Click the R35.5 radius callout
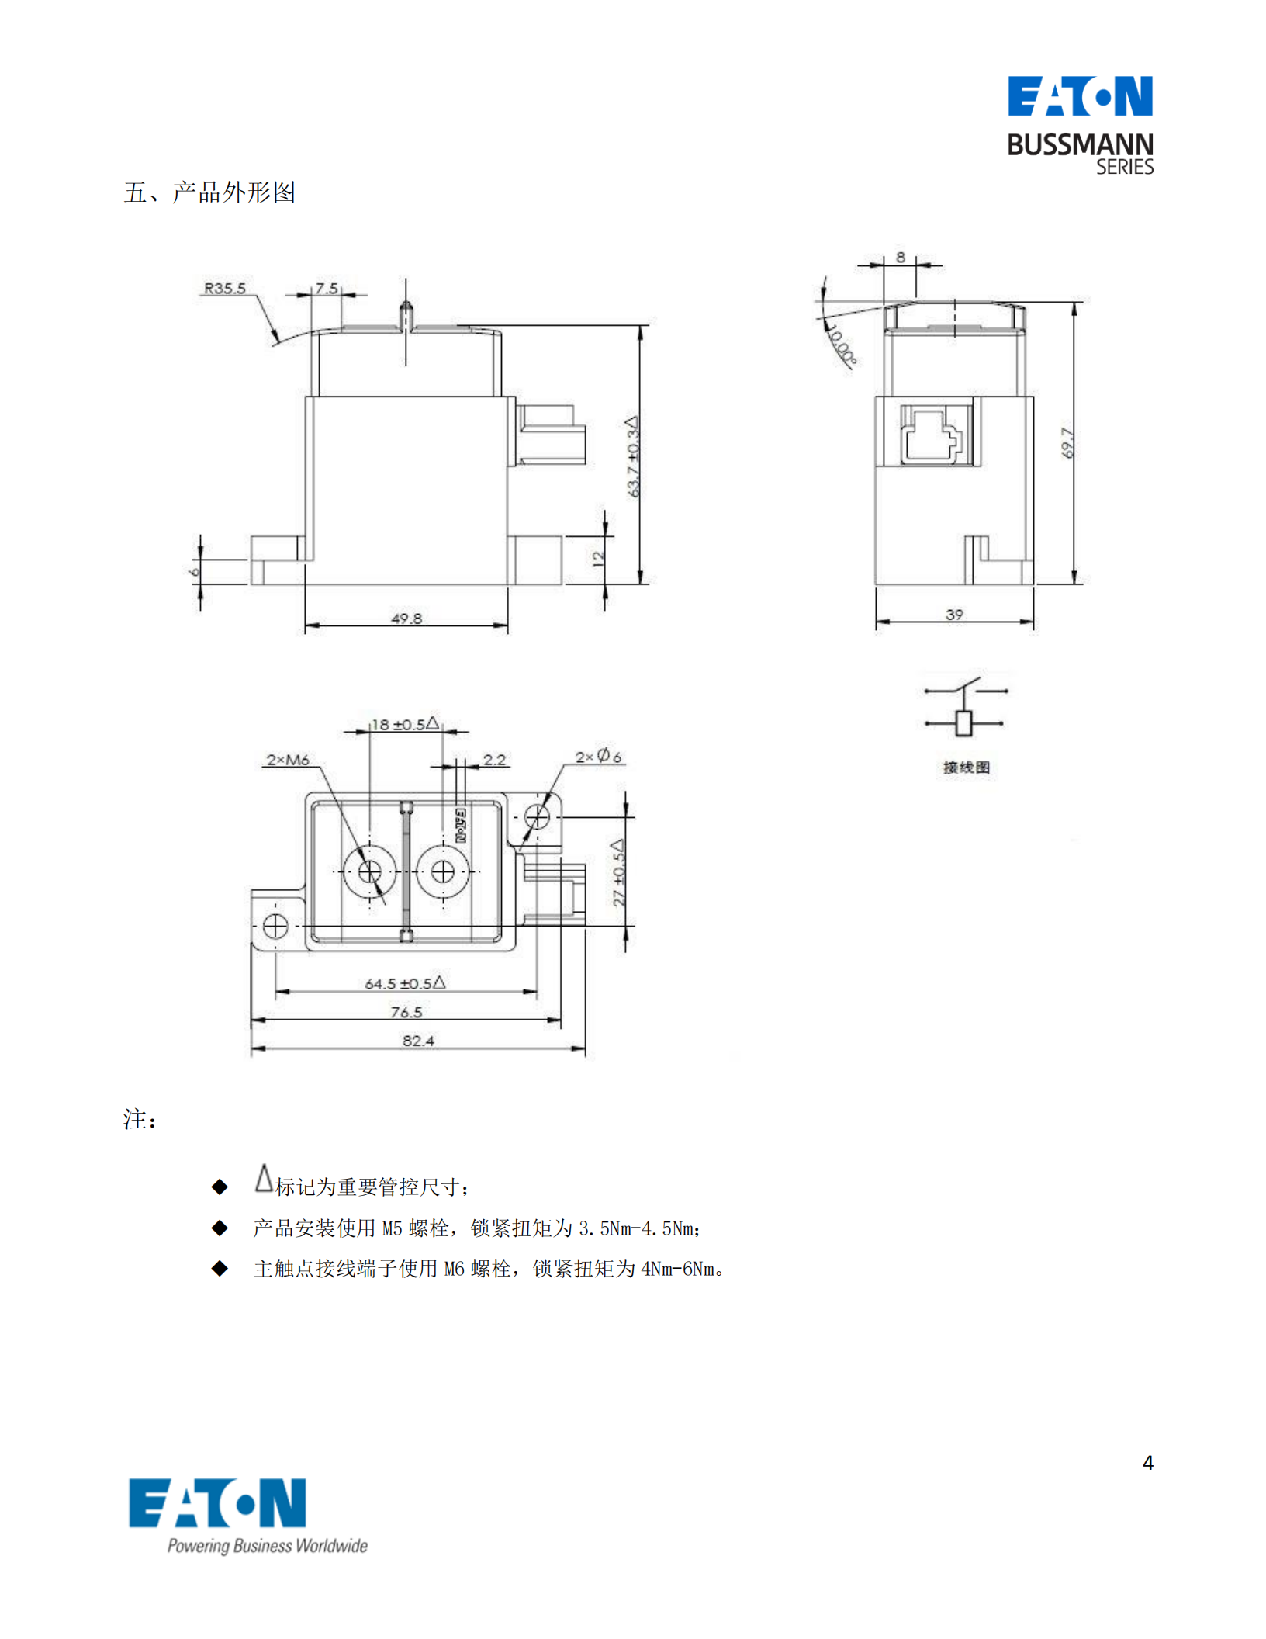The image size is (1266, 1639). pyautogui.click(x=224, y=288)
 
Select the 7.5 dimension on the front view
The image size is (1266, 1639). pyautogui.click(x=326, y=288)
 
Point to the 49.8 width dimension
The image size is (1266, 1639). pyautogui.click(x=406, y=618)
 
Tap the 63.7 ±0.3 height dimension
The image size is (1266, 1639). pyautogui.click(x=633, y=457)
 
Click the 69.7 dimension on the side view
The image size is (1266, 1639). pyautogui.click(x=1068, y=443)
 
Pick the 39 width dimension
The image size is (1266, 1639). pyautogui.click(x=954, y=614)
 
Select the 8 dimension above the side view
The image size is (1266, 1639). pyautogui.click(x=900, y=257)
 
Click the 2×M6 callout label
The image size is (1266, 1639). pyautogui.click(x=288, y=759)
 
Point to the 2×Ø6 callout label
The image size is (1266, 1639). pyautogui.click(x=598, y=756)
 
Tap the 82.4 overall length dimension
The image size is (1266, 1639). pyautogui.click(x=418, y=1040)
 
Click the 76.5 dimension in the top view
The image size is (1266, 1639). pyautogui.click(x=406, y=1011)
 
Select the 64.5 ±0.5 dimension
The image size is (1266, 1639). pyautogui.click(x=405, y=982)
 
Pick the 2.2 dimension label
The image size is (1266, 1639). pyautogui.click(x=494, y=759)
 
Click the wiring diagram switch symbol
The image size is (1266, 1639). pyautogui.click(x=965, y=706)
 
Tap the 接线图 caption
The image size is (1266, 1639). pyautogui.click(x=966, y=768)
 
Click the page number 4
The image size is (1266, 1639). pyautogui.click(x=1147, y=1462)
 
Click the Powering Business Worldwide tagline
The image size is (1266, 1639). pyautogui.click(x=268, y=1545)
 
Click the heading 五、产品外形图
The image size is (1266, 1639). pyautogui.click(x=209, y=192)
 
